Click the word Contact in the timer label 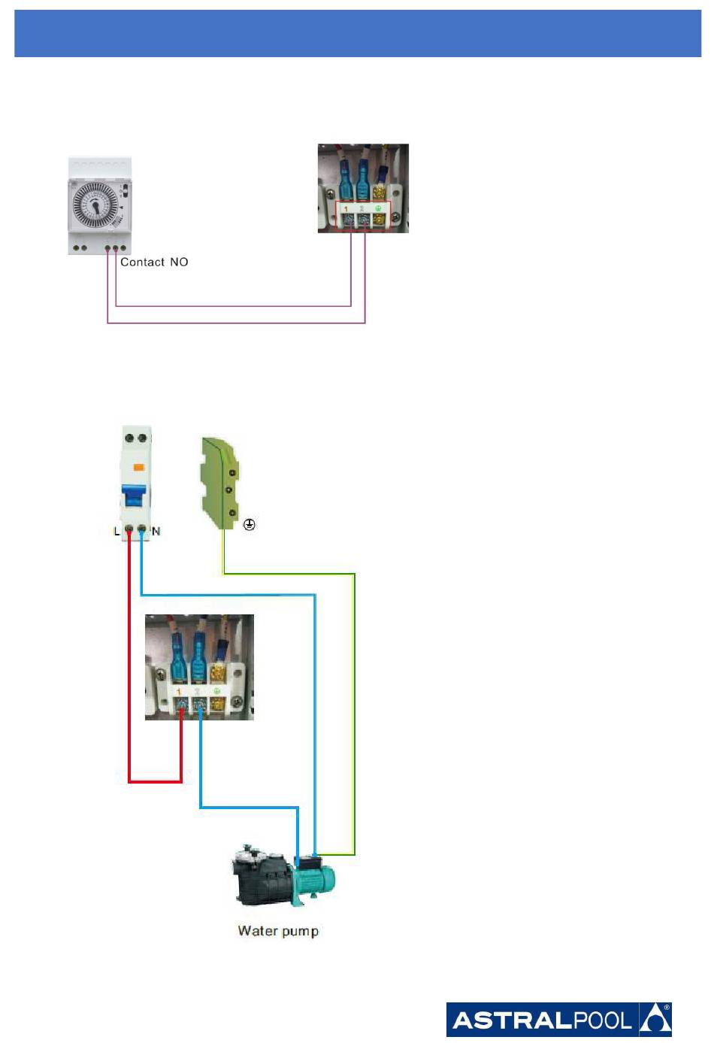(x=142, y=262)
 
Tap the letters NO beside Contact (x=179, y=262)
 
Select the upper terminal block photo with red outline (x=363, y=188)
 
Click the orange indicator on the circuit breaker (x=138, y=468)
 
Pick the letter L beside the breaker (x=116, y=532)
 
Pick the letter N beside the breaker (x=156, y=532)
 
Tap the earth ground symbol (x=250, y=525)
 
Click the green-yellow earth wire (x=354, y=714)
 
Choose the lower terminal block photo (x=199, y=667)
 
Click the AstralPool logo (x=558, y=1020)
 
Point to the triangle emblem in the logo (x=655, y=1020)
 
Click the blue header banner (x=358, y=34)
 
